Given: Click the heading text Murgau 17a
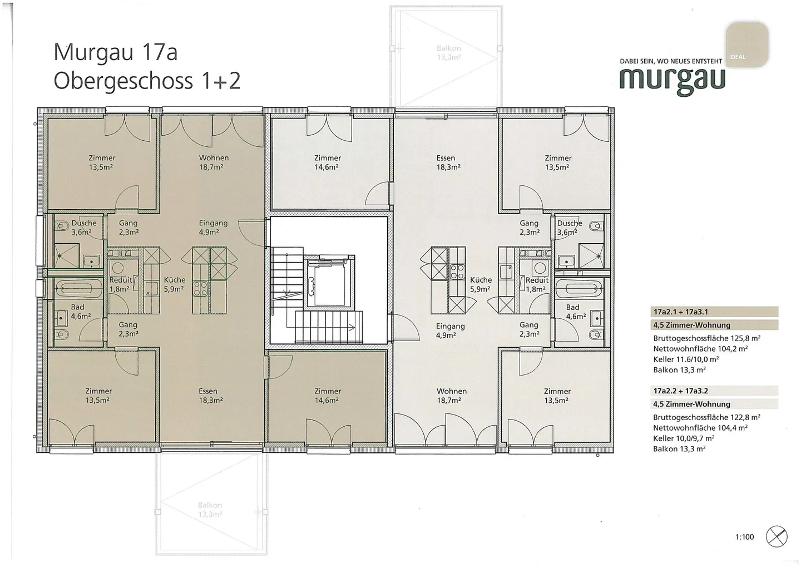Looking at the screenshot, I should tap(115, 52).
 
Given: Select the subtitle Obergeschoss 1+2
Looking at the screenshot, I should tap(147, 81).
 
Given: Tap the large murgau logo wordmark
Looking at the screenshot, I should tap(672, 80).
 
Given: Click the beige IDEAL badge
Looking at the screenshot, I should tap(747, 44).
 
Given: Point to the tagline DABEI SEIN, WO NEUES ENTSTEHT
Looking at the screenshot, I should tap(671, 61).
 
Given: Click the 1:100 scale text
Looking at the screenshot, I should tap(744, 537).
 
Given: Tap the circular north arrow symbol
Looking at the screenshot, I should tap(777, 536).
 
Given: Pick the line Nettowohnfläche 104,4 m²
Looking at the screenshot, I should tap(700, 428).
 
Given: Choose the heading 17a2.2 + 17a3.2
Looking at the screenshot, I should tap(680, 391).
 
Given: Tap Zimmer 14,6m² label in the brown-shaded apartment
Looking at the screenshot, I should tap(327, 396).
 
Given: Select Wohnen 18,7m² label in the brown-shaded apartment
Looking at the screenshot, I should tap(214, 162).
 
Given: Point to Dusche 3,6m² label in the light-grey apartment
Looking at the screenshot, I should tap(569, 228).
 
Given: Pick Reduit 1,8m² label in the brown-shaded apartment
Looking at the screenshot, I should tap(120, 284).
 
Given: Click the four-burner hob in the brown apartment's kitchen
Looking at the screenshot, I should tap(200, 288).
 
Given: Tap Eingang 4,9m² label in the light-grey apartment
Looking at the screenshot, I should tap(450, 331).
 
